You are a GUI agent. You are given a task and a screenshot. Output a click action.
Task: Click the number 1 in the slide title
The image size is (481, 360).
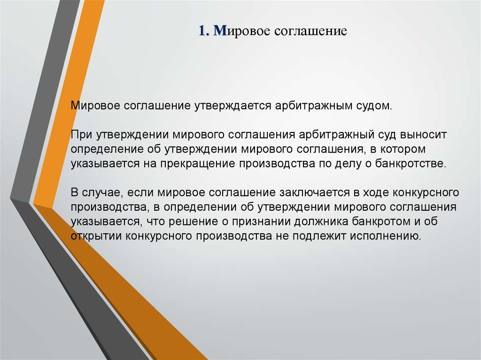pyautogui.click(x=202, y=31)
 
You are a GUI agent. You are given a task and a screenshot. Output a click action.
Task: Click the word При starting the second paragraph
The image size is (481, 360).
pyautogui.click(x=82, y=135)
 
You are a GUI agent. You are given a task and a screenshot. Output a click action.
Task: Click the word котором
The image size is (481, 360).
pyautogui.click(x=403, y=150)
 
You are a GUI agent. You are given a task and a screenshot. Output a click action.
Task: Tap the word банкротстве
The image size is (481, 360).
pyautogui.click(x=411, y=163)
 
